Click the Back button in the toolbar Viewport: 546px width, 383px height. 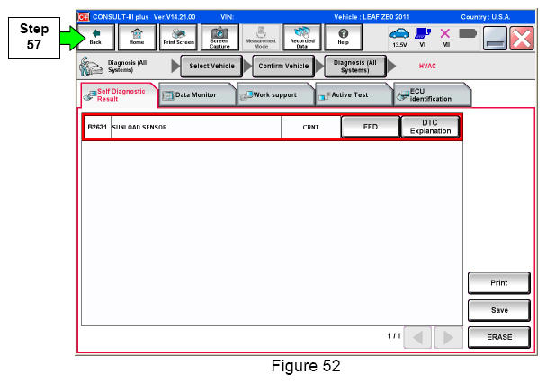point(96,37)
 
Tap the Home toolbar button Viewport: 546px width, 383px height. point(137,37)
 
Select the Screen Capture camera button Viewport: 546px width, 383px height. point(219,37)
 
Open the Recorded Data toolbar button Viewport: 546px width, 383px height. point(302,37)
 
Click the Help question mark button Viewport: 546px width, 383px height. point(343,37)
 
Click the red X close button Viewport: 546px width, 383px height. point(522,39)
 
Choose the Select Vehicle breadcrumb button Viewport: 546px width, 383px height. point(211,66)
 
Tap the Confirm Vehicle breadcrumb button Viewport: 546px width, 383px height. point(283,66)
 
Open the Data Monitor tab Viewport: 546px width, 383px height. point(197,94)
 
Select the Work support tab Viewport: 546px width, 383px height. point(275,94)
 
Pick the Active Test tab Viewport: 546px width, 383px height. point(354,94)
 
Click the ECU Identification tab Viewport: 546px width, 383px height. point(432,94)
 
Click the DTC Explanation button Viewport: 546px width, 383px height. point(430,127)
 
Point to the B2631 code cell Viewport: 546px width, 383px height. point(97,127)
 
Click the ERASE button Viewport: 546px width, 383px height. point(499,337)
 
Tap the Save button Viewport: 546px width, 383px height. point(499,310)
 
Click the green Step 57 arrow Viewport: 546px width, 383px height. point(72,38)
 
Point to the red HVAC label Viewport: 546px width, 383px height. point(427,66)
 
